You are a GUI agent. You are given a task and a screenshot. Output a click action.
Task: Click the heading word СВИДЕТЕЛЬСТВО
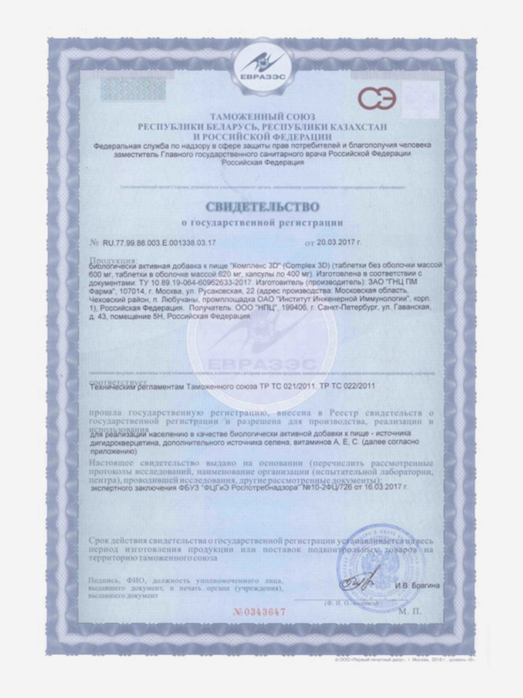tap(261, 205)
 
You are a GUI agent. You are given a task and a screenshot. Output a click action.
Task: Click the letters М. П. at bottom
tap(411, 611)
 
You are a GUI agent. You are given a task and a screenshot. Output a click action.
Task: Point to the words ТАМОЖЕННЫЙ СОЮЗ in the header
tap(261, 117)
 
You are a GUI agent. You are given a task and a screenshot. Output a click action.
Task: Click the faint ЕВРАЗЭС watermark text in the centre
tap(261, 362)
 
